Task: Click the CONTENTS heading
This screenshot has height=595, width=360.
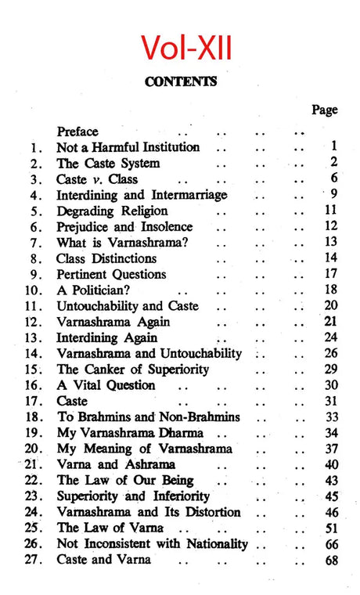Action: tap(180, 81)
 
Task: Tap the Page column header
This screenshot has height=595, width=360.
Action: tap(325, 110)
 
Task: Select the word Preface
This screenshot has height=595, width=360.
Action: tap(77, 132)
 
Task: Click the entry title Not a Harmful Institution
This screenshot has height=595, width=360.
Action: tap(128, 147)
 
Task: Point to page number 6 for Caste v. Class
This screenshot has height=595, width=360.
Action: tap(333, 179)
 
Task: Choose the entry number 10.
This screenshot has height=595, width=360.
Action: tap(36, 290)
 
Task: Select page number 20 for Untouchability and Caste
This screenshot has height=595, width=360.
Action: tap(330, 306)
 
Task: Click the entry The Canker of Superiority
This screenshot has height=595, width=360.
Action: tap(133, 370)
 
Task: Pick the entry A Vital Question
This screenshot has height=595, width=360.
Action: tap(106, 385)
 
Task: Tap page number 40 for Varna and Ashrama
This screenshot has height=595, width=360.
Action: tap(330, 465)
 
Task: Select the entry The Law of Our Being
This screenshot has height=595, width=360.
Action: tap(125, 481)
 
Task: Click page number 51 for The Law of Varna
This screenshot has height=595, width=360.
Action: tap(330, 528)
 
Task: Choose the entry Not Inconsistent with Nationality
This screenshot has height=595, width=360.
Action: tap(152, 544)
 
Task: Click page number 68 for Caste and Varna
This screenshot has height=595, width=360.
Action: tap(330, 560)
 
